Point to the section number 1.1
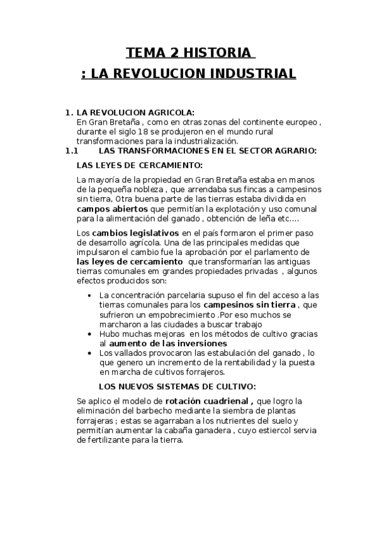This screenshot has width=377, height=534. click(71, 151)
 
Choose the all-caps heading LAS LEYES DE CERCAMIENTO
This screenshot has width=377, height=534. click(139, 166)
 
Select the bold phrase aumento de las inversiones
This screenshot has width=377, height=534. click(168, 343)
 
